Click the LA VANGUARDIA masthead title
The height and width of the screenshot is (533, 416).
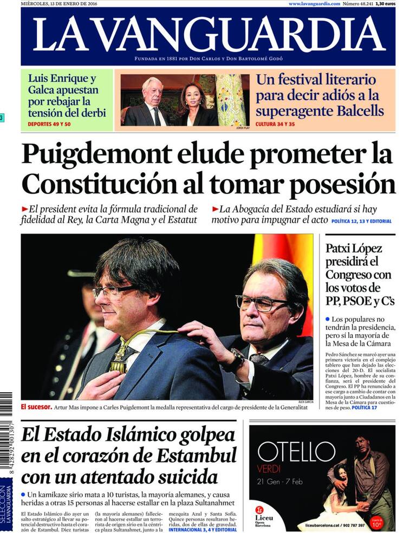point(209,35)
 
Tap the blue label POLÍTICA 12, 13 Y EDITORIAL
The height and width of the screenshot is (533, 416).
point(361,221)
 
